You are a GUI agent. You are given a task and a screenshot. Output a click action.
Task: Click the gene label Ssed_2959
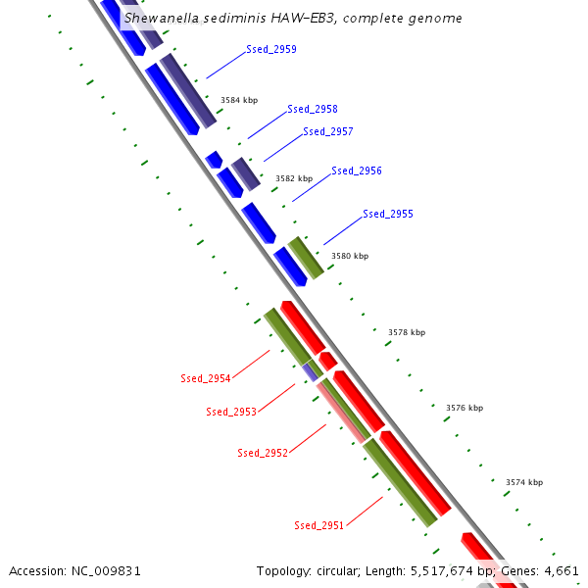pos(271,49)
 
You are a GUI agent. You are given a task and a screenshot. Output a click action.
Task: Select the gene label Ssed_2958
pos(313,109)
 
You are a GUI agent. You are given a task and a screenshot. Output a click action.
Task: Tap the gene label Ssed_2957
pos(328,131)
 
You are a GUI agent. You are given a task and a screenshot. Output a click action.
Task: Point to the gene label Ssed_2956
pos(357,171)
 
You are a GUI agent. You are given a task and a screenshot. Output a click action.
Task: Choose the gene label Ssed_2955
pos(388,214)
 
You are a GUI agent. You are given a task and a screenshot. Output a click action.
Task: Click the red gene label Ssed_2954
pos(206,378)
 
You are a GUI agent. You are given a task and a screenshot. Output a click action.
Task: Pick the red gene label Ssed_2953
pos(231,412)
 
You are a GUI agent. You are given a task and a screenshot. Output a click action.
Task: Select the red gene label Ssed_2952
pos(263,453)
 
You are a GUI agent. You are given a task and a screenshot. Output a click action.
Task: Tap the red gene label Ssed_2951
pos(319,525)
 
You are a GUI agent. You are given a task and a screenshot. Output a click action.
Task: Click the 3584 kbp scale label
pos(239,100)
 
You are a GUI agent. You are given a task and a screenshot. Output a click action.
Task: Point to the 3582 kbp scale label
pos(294,178)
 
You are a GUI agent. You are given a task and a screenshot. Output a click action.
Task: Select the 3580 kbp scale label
pos(350,256)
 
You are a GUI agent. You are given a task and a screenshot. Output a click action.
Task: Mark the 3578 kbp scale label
pos(407,332)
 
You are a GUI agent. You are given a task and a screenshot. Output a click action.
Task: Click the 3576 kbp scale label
pos(465,408)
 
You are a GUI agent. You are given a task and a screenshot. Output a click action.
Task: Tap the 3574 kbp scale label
pos(524,482)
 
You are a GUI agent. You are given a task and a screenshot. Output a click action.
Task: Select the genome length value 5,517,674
pos(433,570)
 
